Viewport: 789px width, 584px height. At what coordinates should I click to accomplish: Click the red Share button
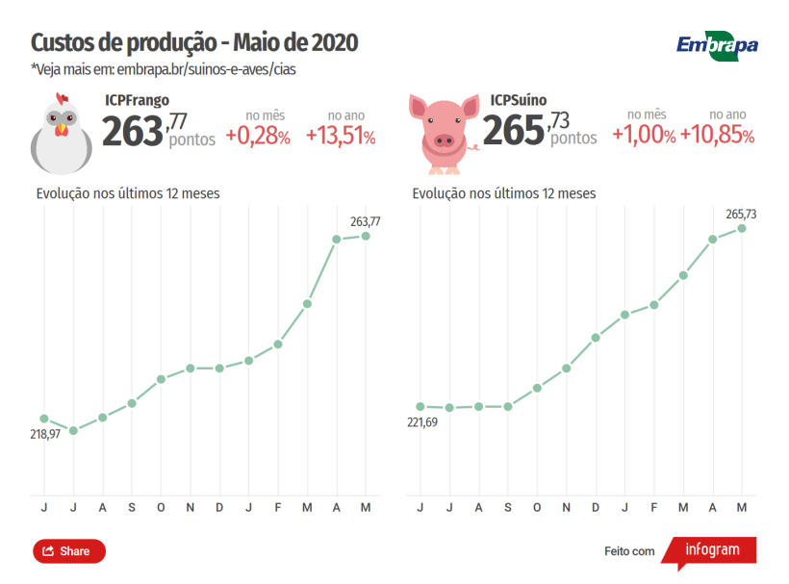pos(69,551)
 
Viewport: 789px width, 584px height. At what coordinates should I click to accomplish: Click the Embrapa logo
pos(717,45)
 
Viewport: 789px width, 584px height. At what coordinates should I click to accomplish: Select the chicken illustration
pos(62,132)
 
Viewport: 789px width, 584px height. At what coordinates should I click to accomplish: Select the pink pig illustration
pos(444,134)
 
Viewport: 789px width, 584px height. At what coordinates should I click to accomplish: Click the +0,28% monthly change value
pos(258,137)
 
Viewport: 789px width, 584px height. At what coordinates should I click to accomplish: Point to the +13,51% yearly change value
pos(341,137)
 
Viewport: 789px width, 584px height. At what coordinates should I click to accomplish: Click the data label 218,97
pos(45,435)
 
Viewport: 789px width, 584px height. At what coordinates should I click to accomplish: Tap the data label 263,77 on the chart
pos(365,221)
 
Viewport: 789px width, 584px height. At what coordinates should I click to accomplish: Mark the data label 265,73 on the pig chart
pos(741,214)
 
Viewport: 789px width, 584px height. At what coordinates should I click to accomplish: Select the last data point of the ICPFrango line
pos(366,236)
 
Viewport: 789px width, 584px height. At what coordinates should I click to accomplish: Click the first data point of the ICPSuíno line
pos(420,407)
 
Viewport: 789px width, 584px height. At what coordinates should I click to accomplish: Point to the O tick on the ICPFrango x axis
pos(161,507)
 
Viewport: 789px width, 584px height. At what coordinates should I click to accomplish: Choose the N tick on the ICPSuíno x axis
pos(567,507)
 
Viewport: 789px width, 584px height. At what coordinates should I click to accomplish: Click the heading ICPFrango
pos(137,100)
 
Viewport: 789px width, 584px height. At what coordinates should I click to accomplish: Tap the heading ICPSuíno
pos(518,100)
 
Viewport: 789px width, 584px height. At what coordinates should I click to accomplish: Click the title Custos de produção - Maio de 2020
pos(194,43)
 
